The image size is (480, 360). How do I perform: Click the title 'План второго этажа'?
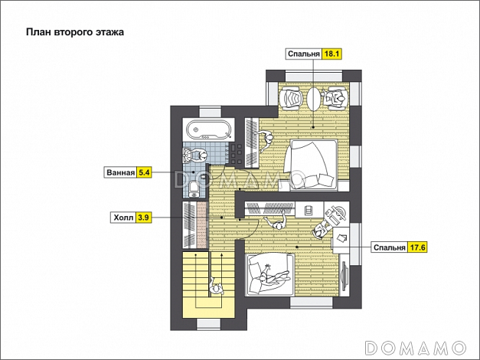tap(75, 32)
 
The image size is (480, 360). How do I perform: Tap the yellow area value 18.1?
tap(331, 54)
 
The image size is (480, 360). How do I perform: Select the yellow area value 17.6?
tap(417, 247)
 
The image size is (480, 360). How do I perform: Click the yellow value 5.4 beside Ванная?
tap(144, 172)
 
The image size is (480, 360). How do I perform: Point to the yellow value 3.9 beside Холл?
tap(144, 218)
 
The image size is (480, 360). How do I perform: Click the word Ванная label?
tap(121, 173)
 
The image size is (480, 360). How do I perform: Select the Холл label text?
tap(123, 218)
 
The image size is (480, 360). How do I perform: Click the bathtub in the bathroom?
tap(210, 129)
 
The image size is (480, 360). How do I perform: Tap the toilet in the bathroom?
tap(194, 188)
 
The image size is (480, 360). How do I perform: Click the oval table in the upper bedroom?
tap(313, 99)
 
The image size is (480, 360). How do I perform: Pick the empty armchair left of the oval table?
tap(291, 97)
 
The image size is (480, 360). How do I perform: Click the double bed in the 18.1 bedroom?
tap(311, 165)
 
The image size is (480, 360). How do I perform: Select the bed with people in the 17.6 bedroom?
tap(269, 274)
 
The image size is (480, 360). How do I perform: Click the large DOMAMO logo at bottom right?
tap(416, 348)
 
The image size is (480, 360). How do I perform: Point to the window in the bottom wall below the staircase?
tap(209, 324)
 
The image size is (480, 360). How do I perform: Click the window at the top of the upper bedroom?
tap(314, 76)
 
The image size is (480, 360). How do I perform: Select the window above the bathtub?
tap(211, 112)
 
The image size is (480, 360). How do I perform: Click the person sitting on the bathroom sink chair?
tap(201, 155)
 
